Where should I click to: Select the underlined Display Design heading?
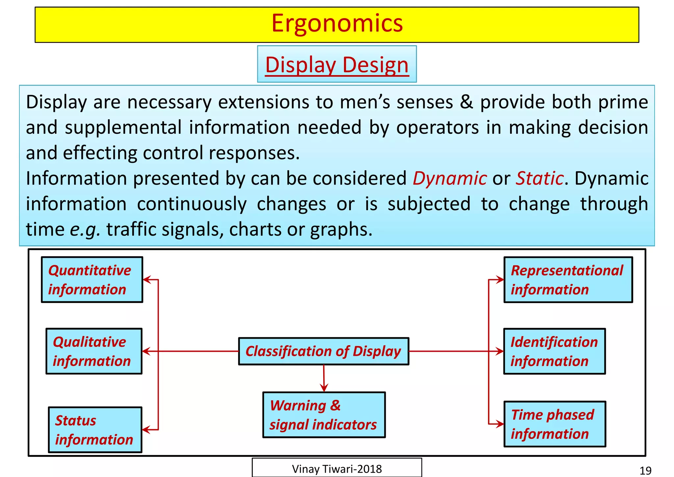coord(337,65)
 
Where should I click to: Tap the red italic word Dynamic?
coord(450,179)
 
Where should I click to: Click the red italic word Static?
coord(539,179)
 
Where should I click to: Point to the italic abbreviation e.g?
coord(85,230)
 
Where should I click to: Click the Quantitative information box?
coord(92,280)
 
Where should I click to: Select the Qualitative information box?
coord(94,351)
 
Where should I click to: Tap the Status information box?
coord(95,430)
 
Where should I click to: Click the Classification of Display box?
coord(324,351)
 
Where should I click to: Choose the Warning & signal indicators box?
coord(324,415)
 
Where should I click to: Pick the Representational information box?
coord(568,280)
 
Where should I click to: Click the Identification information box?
coord(555,351)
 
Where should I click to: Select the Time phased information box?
coord(555,424)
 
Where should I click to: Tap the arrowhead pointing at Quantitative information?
coord(147,280)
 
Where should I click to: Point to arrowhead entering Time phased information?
coord(500,424)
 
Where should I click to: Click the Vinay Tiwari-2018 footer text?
coord(337,469)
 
